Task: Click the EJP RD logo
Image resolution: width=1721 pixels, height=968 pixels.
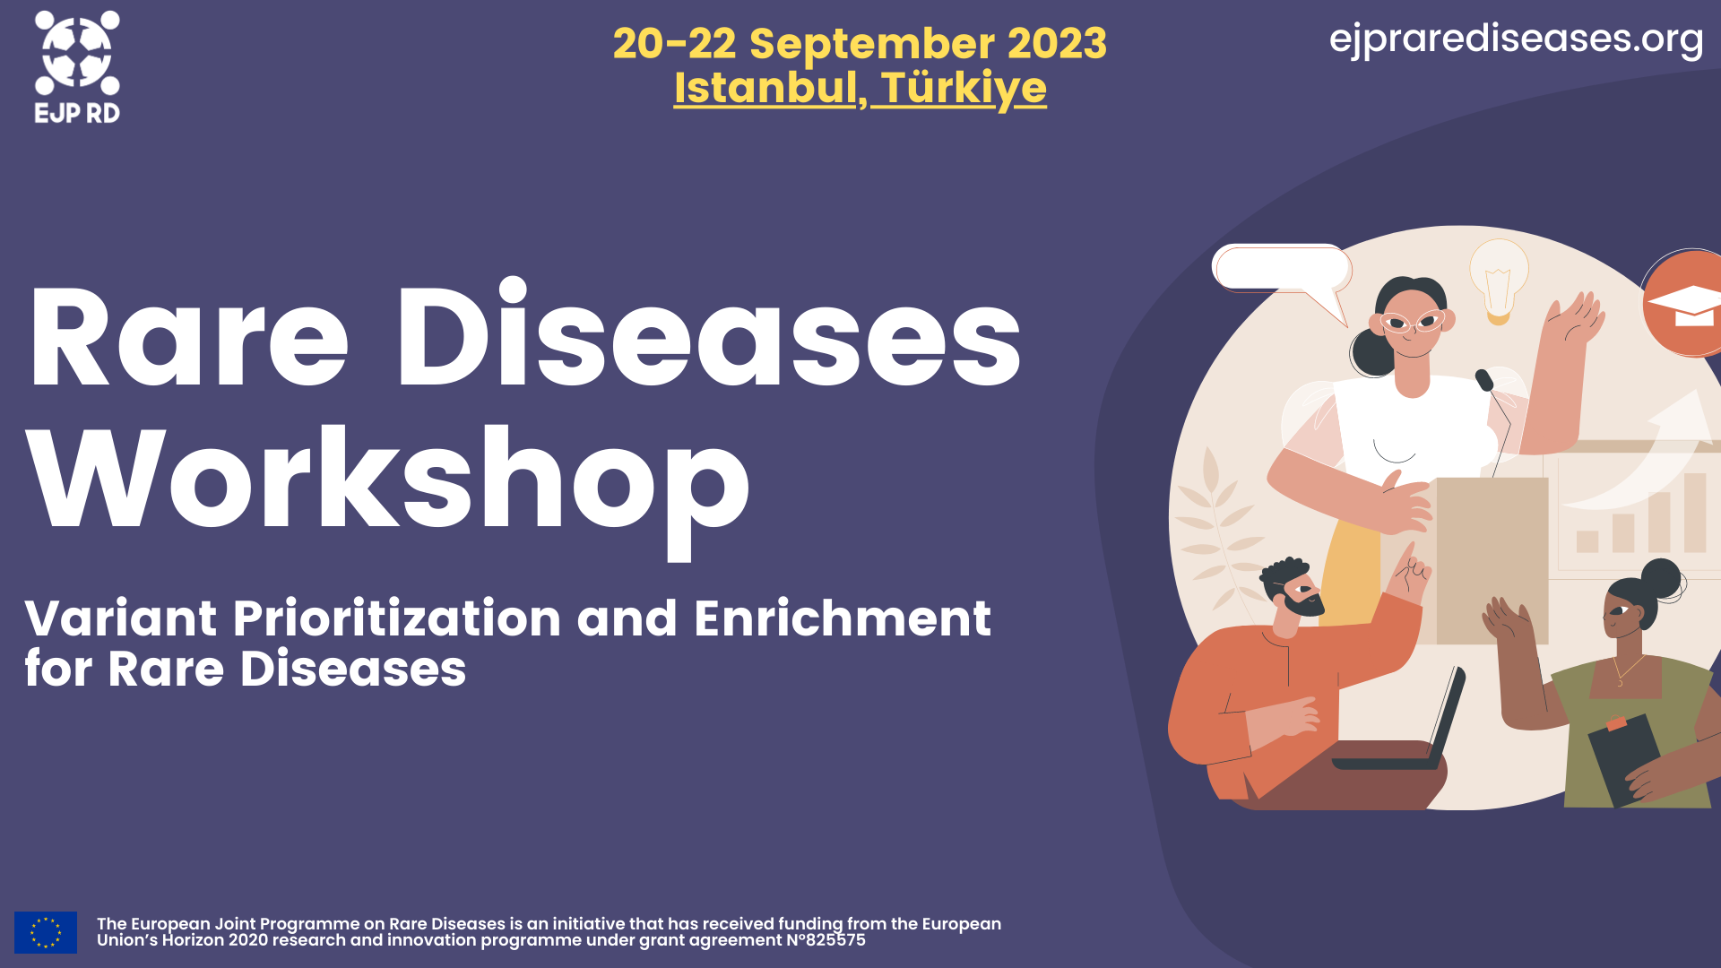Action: point(77,65)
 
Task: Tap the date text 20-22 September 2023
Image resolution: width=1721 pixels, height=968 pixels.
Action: point(860,43)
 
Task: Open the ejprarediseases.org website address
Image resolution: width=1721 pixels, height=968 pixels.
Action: point(1516,39)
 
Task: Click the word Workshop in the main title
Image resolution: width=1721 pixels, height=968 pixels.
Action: point(387,481)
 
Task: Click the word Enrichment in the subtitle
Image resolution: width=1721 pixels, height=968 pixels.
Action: point(842,618)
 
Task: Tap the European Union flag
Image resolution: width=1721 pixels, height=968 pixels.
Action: point(46,932)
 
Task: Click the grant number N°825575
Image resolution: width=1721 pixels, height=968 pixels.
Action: point(826,940)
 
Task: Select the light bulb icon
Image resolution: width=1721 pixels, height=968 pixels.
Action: point(1498,279)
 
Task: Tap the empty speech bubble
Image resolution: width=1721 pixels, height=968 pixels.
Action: point(1282,268)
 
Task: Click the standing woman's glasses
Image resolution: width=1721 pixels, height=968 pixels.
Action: point(1412,321)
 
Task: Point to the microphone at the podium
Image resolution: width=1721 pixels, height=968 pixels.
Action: point(1484,380)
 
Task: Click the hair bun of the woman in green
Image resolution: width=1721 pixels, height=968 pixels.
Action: point(1661,578)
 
